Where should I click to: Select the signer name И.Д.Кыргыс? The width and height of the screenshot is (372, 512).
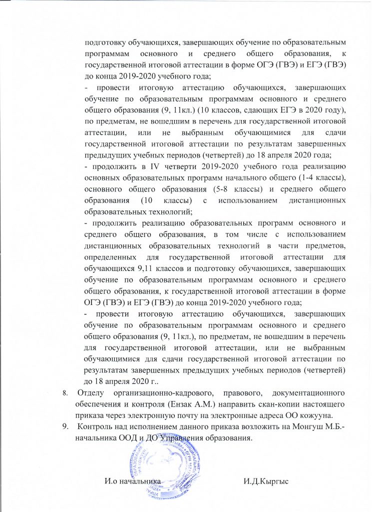point(267,481)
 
